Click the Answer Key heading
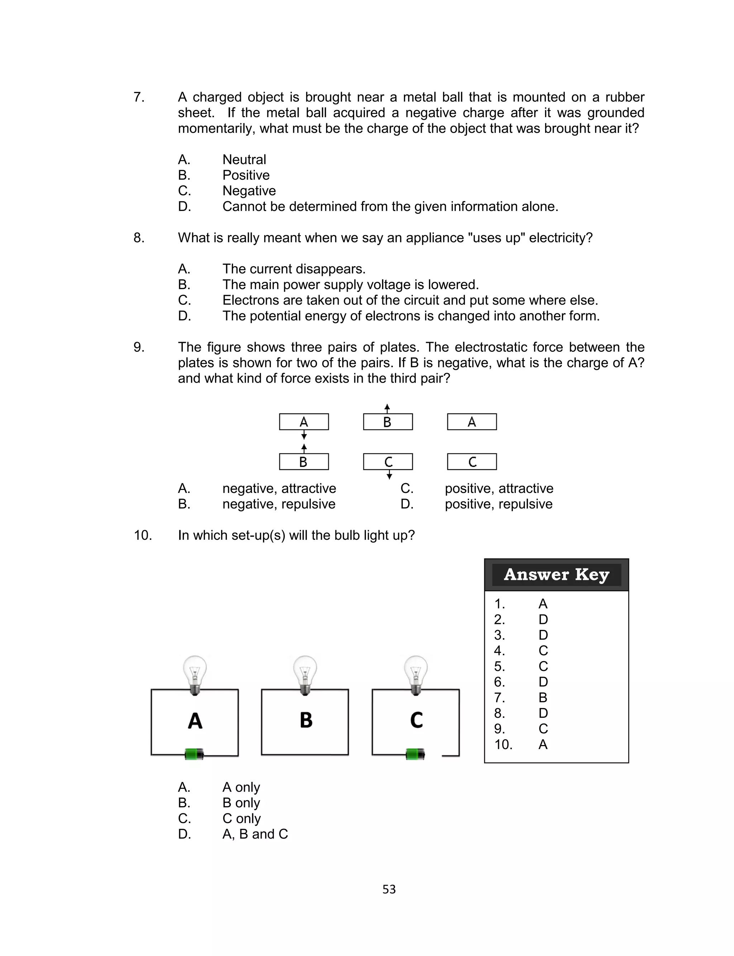(556, 575)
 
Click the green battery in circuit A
(194, 754)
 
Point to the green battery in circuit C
(415, 754)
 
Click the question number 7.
(139, 97)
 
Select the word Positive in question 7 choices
(246, 175)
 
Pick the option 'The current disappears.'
(294, 269)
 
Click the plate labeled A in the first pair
(304, 422)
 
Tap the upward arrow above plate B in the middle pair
(387, 408)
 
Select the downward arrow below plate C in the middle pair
(389, 475)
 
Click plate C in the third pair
(472, 462)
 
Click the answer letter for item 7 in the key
(543, 698)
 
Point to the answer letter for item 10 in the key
(543, 744)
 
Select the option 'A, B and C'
(255, 834)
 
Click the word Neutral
(244, 159)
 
